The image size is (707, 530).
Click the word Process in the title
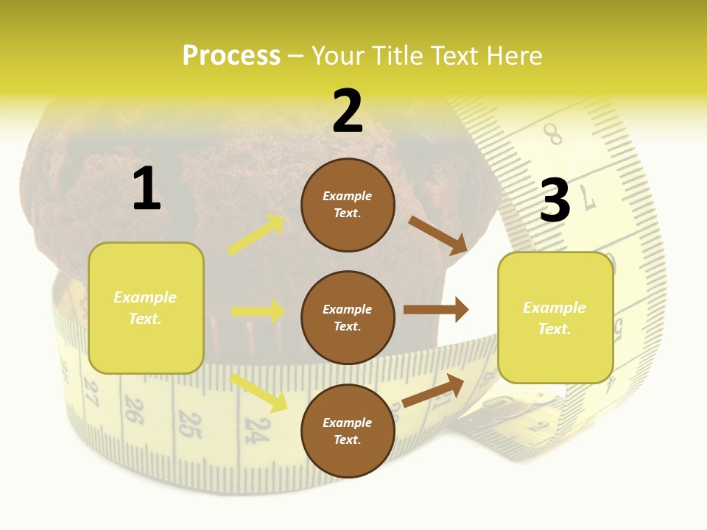231,55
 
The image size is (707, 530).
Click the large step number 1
147,188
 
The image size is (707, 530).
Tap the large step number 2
348,111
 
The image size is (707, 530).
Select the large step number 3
555,201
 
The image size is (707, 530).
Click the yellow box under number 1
146,308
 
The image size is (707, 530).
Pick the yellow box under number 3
555,317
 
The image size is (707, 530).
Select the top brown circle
348,205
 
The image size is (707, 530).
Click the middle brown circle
348,317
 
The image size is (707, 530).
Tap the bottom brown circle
348,431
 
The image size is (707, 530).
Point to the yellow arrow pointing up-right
256,235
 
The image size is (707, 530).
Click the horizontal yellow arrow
258,311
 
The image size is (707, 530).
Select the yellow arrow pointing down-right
258,392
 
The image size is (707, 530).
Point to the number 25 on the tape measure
190,425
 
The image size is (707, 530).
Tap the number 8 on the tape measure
552,135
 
